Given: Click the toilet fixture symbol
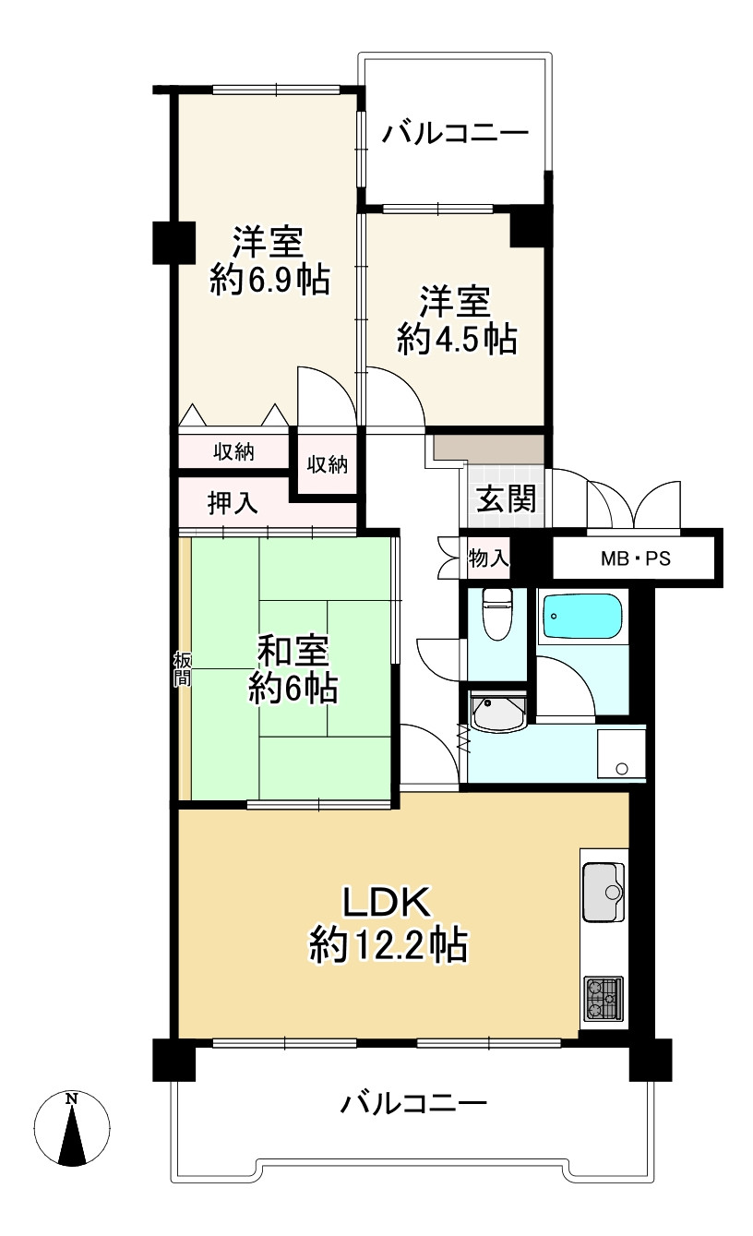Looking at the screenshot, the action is tap(497, 613).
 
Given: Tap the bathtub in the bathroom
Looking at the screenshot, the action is tap(582, 617).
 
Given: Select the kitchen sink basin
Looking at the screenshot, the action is tap(604, 893).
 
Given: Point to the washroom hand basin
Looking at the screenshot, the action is tap(498, 713).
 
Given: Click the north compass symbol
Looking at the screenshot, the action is tap(72, 1128).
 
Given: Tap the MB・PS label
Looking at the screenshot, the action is tap(636, 559).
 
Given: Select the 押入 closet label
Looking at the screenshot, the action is tap(233, 503).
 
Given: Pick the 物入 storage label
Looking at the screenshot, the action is tap(488, 558).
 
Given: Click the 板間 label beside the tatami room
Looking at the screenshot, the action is tap(182, 668).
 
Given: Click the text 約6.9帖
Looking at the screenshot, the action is tap(269, 280).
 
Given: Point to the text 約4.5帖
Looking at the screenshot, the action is tap(457, 339).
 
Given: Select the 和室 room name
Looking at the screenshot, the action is tap(293, 650).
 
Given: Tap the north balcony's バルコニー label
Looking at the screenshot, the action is tap(456, 134).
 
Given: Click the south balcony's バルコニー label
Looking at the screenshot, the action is tap(413, 1103).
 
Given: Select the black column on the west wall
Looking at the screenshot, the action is tap(173, 242).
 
